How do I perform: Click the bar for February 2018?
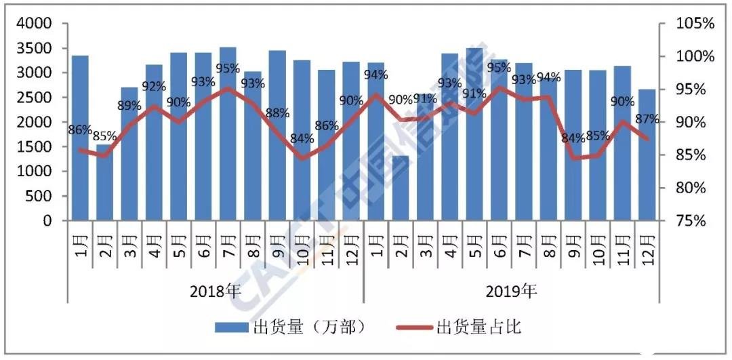[104, 182]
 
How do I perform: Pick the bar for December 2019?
[647, 155]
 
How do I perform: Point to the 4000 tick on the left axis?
[38, 24]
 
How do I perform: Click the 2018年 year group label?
[216, 292]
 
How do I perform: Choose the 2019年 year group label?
[512, 292]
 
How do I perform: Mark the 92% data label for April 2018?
[154, 87]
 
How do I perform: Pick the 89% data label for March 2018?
[129, 106]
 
